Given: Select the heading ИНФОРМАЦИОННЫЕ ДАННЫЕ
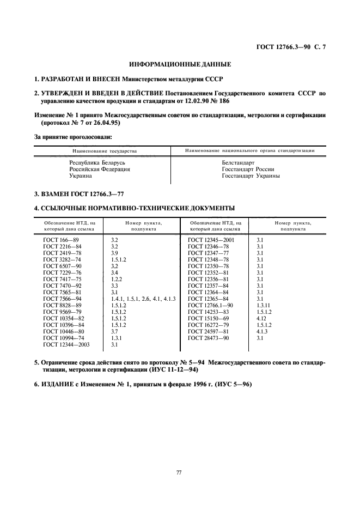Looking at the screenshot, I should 180,64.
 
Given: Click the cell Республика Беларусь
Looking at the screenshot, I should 97,163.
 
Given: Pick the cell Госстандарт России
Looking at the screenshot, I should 248,169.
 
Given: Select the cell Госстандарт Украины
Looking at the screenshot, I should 251,176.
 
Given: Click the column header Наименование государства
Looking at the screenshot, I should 102,150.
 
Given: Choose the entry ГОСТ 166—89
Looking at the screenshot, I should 61,240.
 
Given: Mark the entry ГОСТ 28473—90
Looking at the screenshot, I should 209,338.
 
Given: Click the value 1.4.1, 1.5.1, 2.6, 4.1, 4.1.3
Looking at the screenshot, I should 143,299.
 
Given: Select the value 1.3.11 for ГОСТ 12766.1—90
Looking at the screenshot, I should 264,305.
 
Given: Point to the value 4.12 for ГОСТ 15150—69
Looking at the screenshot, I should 261,318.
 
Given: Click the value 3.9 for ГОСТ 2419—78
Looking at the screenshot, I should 114,253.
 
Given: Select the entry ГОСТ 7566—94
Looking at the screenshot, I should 62,299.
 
